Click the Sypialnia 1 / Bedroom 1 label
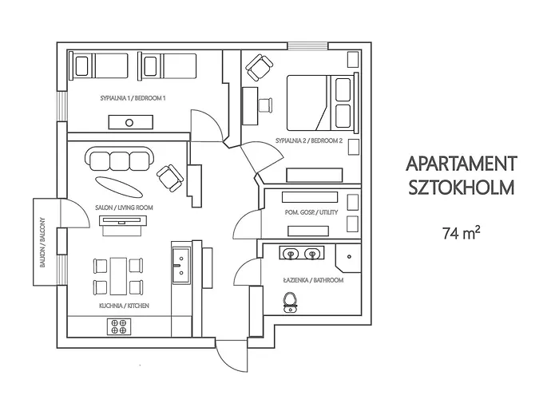(133, 98)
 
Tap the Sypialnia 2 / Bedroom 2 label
(308, 140)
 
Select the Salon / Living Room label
(124, 207)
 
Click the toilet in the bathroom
(291, 301)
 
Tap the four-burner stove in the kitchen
(119, 326)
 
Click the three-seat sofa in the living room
(120, 160)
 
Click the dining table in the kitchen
(119, 274)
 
